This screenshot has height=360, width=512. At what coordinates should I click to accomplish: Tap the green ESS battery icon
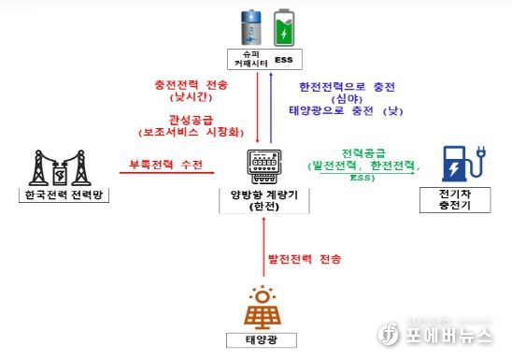[283, 29]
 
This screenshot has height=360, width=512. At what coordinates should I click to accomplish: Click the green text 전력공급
[363, 151]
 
